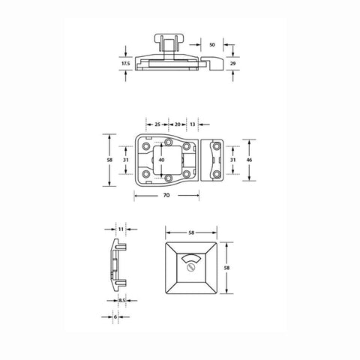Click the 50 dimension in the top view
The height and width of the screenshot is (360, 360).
click(212, 45)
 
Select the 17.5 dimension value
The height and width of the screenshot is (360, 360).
click(126, 64)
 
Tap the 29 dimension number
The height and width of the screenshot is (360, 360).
click(232, 64)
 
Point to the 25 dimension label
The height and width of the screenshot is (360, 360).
click(157, 124)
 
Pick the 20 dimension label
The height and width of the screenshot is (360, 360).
click(178, 124)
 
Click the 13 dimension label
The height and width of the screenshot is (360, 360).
click(193, 124)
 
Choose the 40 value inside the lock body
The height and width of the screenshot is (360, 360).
click(162, 160)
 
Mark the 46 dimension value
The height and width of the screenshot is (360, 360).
click(249, 160)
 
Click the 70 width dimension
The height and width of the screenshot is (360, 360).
click(166, 195)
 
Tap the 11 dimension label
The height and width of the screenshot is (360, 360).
click(121, 229)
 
